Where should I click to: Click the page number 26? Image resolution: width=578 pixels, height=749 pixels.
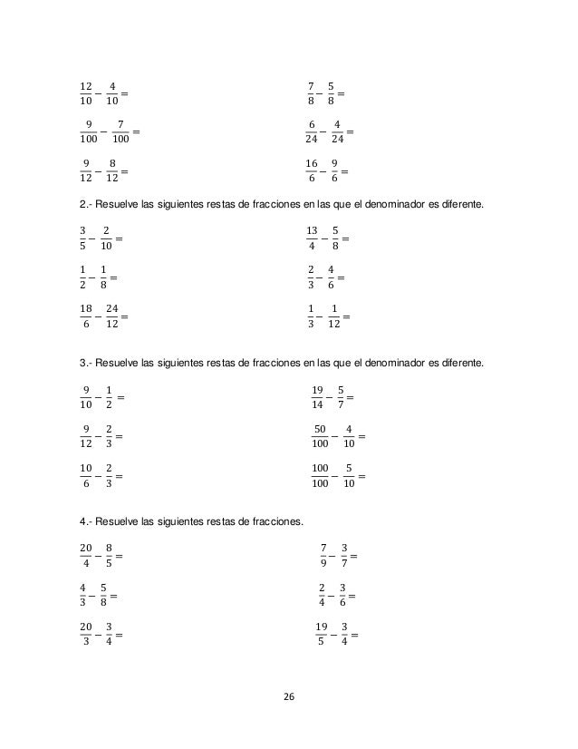pyautogui.click(x=289, y=695)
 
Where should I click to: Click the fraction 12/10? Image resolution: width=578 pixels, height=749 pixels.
pyautogui.click(x=86, y=93)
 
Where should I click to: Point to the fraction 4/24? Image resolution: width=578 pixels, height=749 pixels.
pyautogui.click(x=337, y=131)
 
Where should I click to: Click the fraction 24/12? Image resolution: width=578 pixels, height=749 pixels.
pyautogui.click(x=111, y=316)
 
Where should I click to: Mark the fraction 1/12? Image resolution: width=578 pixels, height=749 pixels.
pyautogui.click(x=336, y=316)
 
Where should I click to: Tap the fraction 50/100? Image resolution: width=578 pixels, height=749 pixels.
pyautogui.click(x=320, y=434)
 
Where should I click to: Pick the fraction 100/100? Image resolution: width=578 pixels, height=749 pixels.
pyautogui.click(x=320, y=473)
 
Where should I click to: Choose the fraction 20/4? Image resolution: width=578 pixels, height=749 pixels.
pyautogui.click(x=86, y=552)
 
